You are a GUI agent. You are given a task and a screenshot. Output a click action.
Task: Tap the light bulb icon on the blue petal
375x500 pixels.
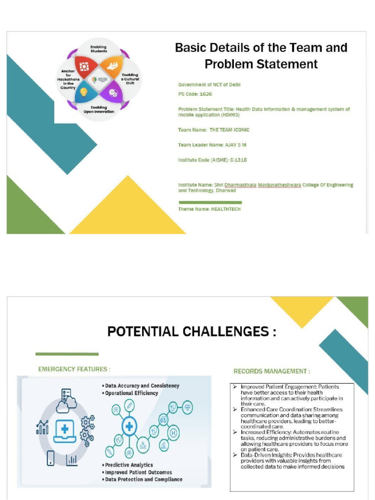point(83,92)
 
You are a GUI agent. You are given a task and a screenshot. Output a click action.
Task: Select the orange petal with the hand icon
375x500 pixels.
point(112,66)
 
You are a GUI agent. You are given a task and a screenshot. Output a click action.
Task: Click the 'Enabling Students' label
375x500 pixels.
point(99,48)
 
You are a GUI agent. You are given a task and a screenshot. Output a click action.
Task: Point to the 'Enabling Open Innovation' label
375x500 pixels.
point(99,109)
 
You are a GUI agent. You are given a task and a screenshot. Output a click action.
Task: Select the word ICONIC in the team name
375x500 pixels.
point(238,130)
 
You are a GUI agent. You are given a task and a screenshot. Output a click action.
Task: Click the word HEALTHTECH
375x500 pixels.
point(226,209)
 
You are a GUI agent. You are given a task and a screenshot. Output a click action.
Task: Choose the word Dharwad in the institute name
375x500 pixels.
point(226,190)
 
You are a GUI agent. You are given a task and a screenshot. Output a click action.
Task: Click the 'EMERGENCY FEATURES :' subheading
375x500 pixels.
point(74,369)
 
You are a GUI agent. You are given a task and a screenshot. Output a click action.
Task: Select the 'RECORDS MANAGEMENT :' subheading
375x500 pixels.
point(271,371)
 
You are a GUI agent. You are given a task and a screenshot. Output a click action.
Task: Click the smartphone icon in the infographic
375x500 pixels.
point(50,458)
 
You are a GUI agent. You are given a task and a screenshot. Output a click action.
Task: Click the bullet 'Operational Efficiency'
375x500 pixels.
point(131,393)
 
